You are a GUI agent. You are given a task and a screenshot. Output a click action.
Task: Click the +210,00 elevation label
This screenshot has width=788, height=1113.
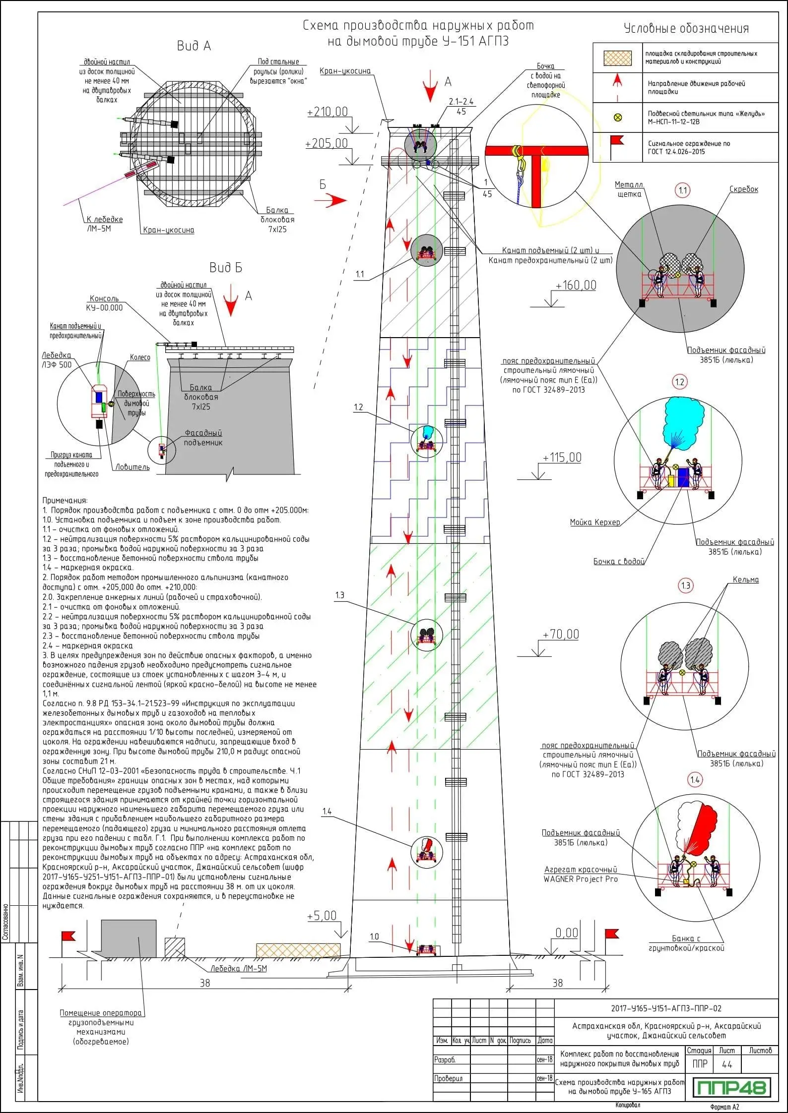tap(328, 112)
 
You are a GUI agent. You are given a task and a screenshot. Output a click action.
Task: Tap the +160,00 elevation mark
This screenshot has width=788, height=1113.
tap(576, 286)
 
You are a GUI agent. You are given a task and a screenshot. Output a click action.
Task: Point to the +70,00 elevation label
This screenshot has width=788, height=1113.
tap(561, 634)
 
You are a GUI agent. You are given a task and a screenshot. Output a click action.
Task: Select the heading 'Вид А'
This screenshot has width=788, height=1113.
tap(194, 46)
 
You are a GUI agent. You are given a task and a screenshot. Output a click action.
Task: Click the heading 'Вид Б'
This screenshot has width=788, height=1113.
tap(226, 268)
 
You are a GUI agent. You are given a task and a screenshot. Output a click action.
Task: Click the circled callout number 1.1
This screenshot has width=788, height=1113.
tap(683, 190)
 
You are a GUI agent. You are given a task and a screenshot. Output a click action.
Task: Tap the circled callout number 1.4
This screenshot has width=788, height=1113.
tap(695, 780)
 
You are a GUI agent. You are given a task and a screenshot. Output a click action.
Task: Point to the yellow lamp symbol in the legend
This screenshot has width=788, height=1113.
tap(618, 117)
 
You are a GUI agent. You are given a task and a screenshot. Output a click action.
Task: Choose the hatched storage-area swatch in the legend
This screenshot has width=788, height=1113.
tap(617, 58)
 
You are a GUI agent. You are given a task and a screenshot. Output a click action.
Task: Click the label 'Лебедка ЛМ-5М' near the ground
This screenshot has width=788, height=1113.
tap(238, 968)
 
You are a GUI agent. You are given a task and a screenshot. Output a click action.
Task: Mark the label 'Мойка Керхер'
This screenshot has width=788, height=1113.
tap(595, 522)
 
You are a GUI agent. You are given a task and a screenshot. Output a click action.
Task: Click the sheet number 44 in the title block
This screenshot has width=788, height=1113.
tap(727, 1064)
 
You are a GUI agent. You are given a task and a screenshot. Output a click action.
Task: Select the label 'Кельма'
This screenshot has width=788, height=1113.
tap(745, 580)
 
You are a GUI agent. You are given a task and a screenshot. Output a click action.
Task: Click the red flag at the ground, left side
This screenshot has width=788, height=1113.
tap(67, 936)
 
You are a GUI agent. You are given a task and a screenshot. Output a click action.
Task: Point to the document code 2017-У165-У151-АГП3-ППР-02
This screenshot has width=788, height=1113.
tap(666, 1008)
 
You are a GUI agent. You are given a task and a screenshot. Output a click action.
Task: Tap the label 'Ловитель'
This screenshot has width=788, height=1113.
tap(132, 467)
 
